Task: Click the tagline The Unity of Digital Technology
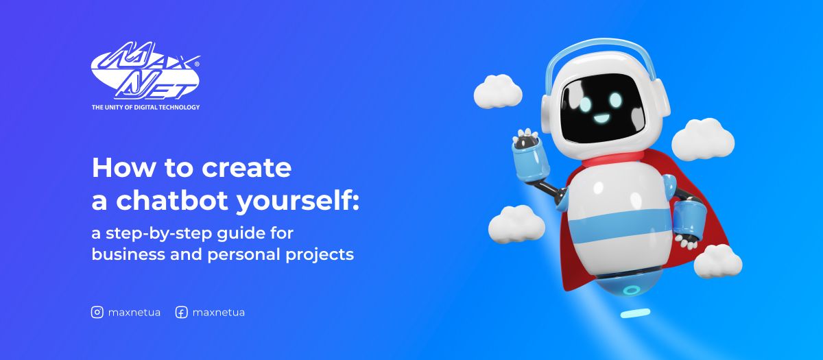point(145,107)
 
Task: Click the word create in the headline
point(256,167)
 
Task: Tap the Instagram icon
point(97,312)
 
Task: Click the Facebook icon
point(182,312)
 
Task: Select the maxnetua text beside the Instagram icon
point(134,312)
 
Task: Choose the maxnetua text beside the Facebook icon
point(219,312)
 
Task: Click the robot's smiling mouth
point(601,117)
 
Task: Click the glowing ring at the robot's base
point(631,289)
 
